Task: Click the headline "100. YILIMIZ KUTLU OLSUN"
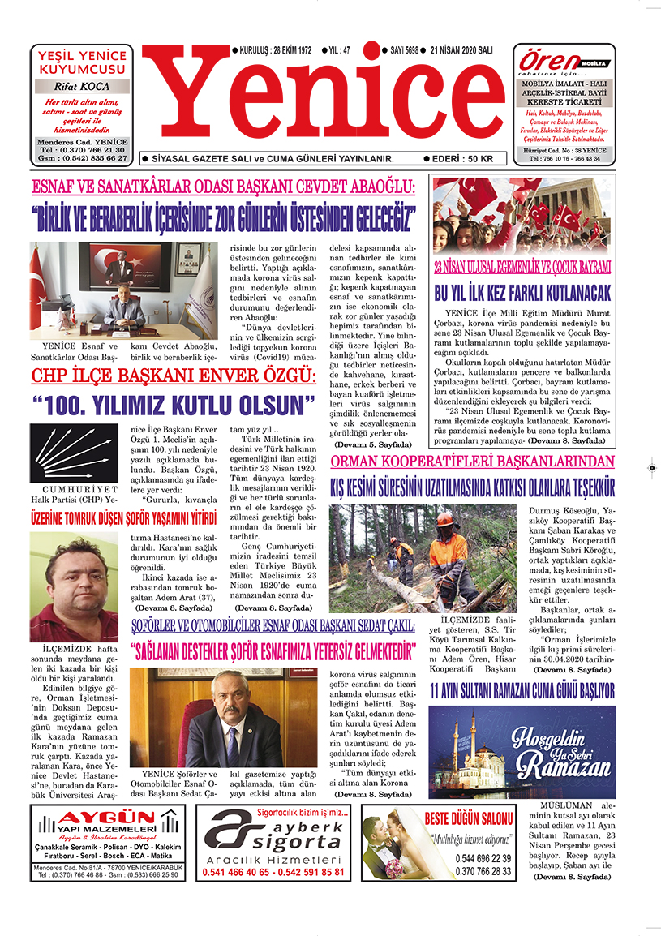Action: point(174,404)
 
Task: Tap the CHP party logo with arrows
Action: point(74,455)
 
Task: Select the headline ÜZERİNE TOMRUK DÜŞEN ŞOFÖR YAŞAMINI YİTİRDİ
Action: point(124,517)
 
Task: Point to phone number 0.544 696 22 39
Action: point(483,858)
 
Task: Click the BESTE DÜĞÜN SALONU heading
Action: point(470,818)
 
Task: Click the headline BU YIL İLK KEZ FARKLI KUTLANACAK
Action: point(522,292)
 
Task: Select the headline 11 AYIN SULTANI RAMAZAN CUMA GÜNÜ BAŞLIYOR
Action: point(522,691)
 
